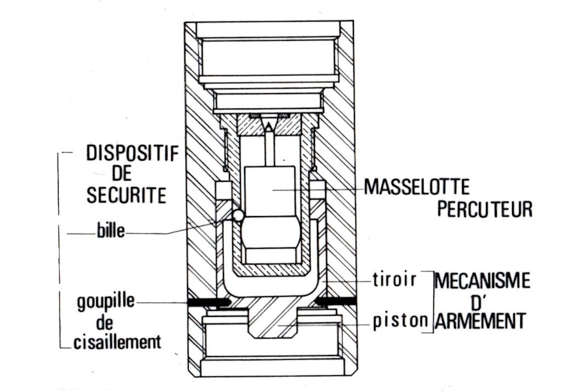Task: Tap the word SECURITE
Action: [126, 195]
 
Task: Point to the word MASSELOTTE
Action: [417, 188]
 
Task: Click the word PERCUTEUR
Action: [484, 209]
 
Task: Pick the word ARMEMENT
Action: [481, 321]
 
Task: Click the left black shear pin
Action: [208, 301]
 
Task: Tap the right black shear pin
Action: [335, 301]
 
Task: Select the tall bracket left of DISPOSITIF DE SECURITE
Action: [59, 250]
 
